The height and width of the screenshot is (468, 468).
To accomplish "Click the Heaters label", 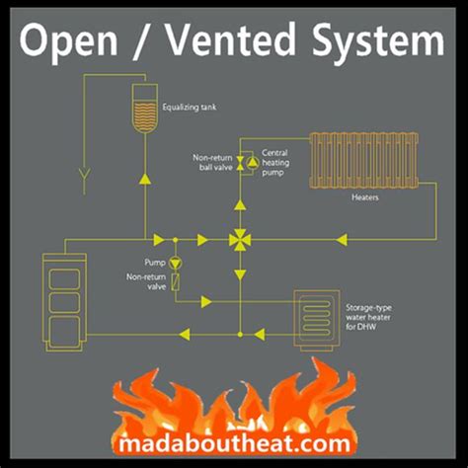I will coord(366,197).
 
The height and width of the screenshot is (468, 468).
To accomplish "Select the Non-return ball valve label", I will coord(212,162).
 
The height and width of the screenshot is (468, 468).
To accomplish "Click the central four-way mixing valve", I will coord(239,239).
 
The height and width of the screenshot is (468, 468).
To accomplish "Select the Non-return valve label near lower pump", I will coord(145,284).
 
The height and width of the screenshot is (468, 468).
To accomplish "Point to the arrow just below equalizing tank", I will coord(146,179).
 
